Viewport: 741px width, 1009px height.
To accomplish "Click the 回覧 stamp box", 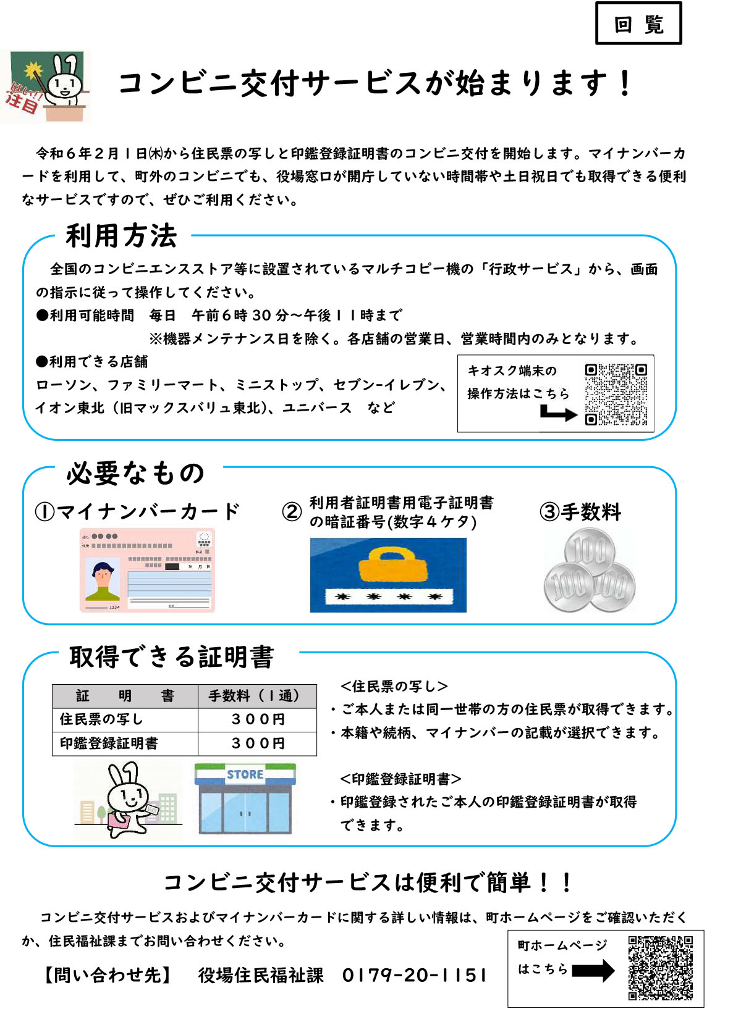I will (638, 23).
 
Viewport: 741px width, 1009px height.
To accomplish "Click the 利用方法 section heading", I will (122, 236).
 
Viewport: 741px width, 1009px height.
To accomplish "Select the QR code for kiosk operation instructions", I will (616, 394).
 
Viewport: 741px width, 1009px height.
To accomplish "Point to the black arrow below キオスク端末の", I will (557, 413).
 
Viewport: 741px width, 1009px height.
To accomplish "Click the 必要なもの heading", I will (135, 473).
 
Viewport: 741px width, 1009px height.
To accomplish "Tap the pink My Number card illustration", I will (147, 570).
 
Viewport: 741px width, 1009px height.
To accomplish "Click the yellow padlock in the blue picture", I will (387, 566).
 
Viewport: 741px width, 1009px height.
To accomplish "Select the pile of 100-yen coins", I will (588, 571).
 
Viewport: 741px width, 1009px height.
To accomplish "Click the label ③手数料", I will (580, 512).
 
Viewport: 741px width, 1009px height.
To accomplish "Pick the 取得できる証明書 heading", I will (171, 657).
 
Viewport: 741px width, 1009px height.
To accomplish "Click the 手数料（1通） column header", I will (256, 696).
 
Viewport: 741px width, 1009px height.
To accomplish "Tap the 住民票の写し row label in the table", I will (101, 719).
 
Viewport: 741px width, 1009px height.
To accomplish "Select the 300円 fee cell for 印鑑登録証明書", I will (258, 743).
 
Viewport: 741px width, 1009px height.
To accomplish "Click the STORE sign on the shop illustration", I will (245, 774).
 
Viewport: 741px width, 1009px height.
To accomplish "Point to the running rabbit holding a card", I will (128, 799).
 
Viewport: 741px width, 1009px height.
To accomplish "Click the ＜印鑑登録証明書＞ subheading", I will (400, 779).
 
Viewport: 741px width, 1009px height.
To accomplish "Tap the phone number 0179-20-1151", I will (415, 975).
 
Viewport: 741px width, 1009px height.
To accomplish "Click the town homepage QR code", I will (660, 968).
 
